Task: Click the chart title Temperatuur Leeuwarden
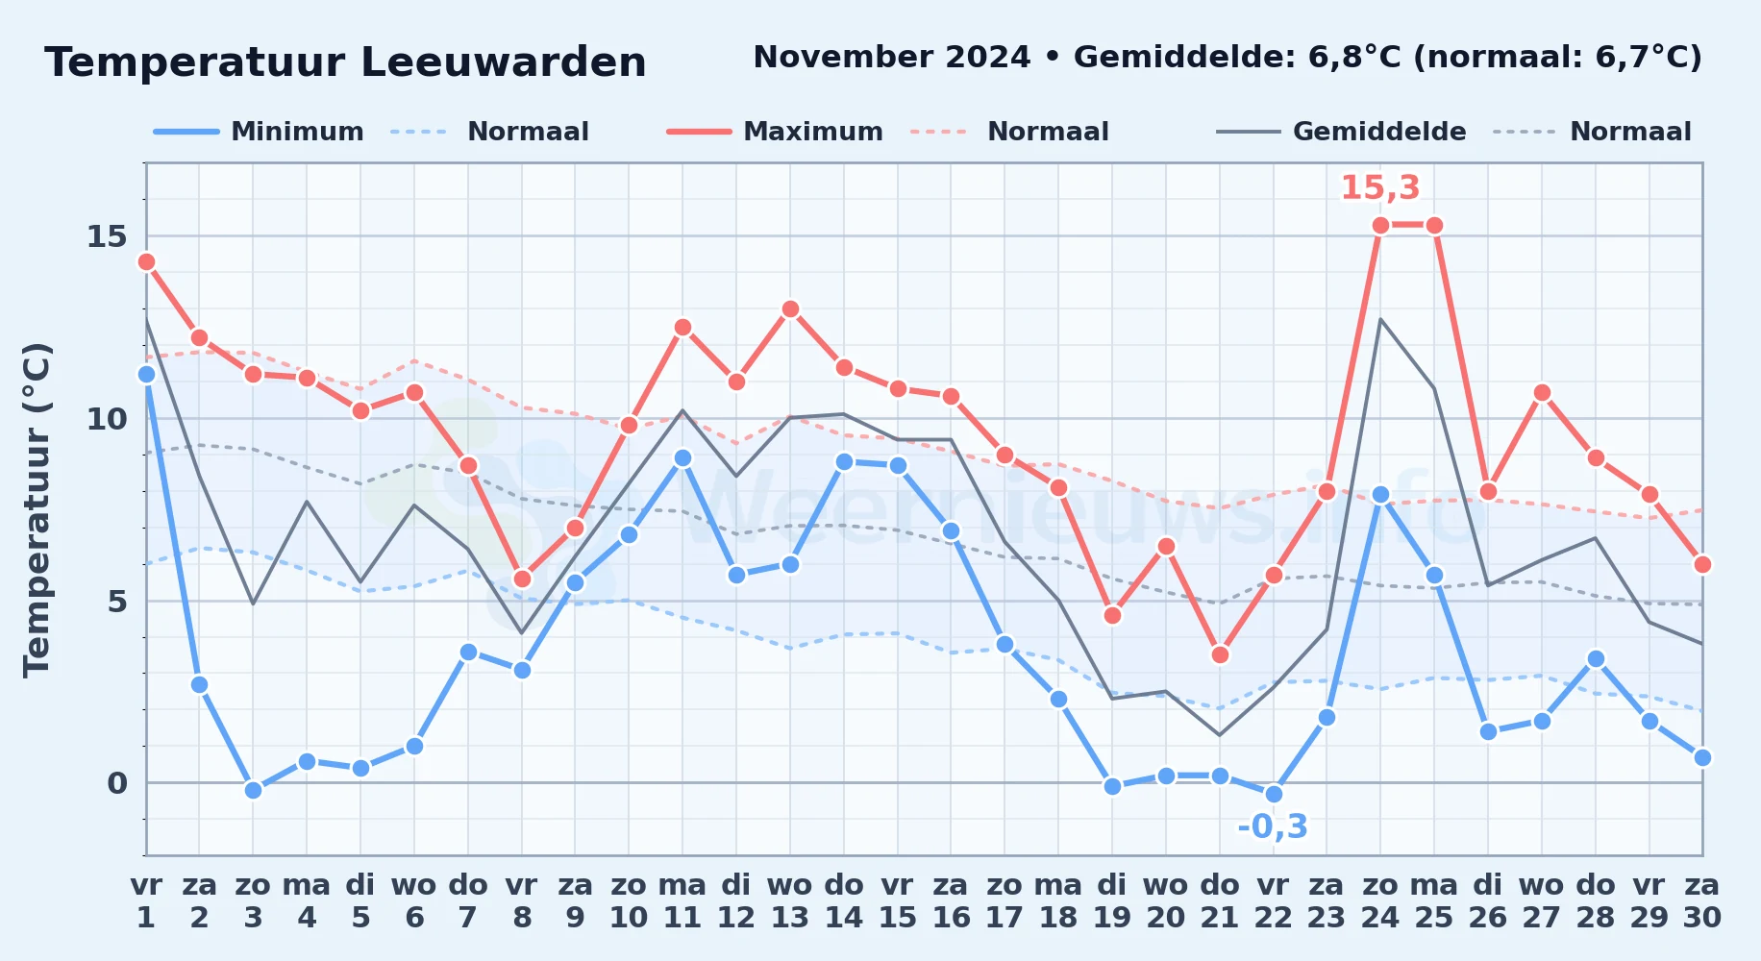[345, 62]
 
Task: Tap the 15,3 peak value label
[1380, 187]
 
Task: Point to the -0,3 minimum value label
[1273, 826]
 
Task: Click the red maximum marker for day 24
[1380, 226]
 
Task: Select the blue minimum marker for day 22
[1274, 794]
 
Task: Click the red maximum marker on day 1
[146, 261]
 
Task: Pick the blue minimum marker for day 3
[253, 790]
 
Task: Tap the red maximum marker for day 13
[790, 308]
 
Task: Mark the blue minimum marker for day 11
[682, 458]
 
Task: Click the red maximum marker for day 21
[1220, 655]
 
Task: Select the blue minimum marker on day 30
[1702, 757]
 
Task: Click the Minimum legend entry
[259, 132]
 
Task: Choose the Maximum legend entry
[775, 132]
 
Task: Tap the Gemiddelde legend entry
[1341, 132]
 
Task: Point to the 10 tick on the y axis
[107, 419]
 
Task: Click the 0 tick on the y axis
[117, 783]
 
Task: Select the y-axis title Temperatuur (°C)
[37, 509]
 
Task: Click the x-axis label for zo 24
[1380, 901]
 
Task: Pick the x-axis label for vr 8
[522, 901]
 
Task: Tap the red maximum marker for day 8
[522, 579]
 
